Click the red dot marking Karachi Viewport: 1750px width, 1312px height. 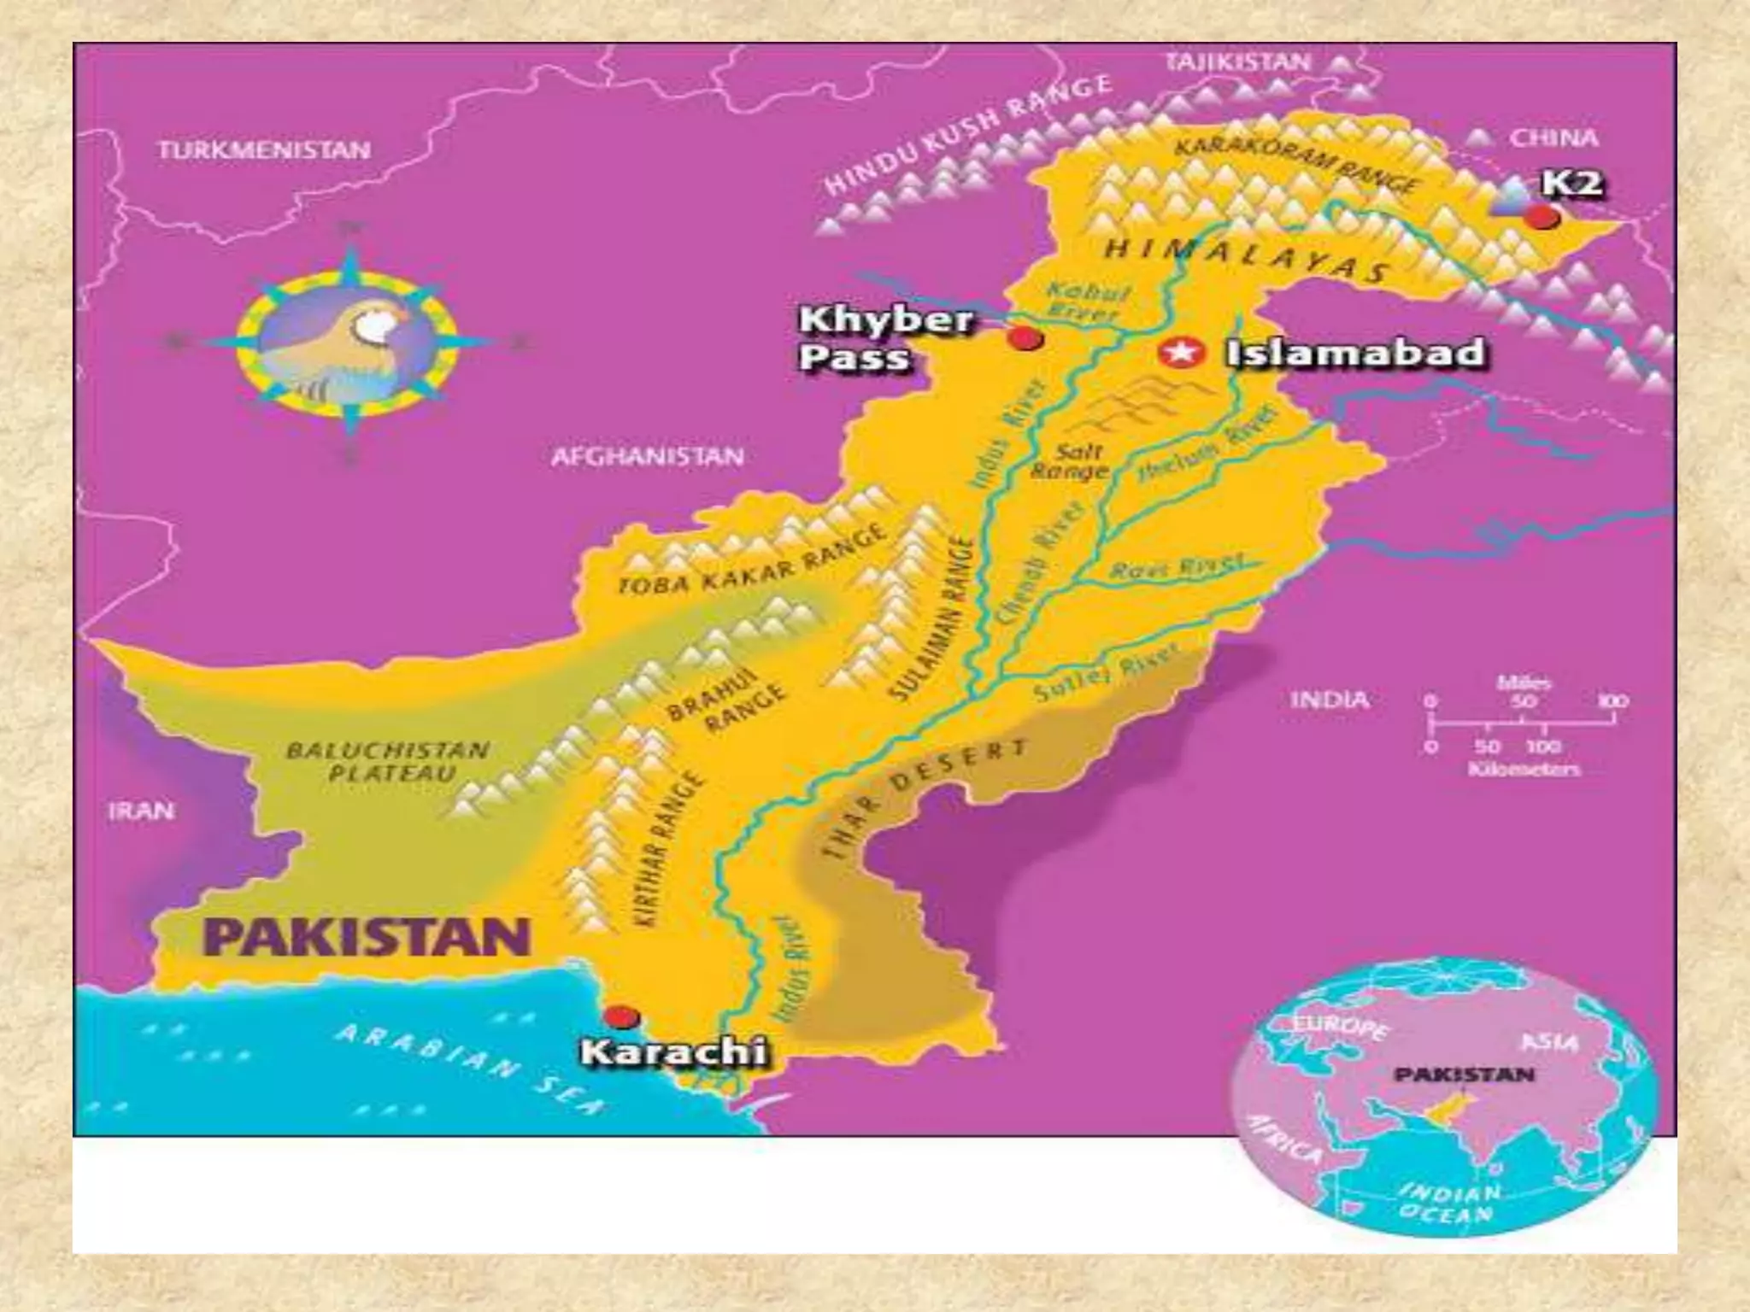pyautogui.click(x=621, y=1017)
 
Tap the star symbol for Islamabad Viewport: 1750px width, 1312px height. pyautogui.click(x=1180, y=352)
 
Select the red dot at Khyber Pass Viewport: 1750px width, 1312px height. pyautogui.click(x=1025, y=338)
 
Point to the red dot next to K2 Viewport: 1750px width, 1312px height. pyautogui.click(x=1542, y=217)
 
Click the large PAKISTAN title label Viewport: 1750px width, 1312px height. pyautogui.click(x=366, y=938)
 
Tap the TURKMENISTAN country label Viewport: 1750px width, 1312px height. pyautogui.click(x=264, y=150)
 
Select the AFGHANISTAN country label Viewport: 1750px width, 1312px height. pyautogui.click(x=647, y=456)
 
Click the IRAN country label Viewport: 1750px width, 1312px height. pyautogui.click(x=141, y=810)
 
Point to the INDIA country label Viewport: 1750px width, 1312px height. pyautogui.click(x=1330, y=700)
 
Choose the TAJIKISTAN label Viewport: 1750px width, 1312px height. pyautogui.click(x=1237, y=61)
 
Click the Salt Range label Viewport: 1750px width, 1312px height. pyautogui.click(x=1070, y=460)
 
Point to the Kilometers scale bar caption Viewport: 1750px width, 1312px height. pyautogui.click(x=1524, y=770)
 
